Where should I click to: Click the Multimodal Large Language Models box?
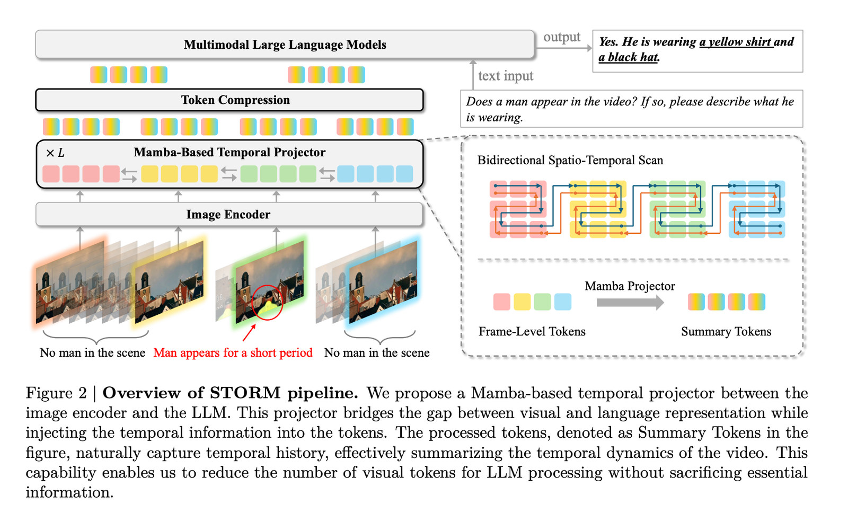tap(285, 45)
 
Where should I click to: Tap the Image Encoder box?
tap(228, 215)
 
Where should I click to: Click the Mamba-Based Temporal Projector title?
tap(229, 153)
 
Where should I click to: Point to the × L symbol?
tap(55, 153)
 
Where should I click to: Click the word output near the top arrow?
tap(562, 37)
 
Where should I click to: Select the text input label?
tap(505, 76)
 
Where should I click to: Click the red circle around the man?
tap(267, 302)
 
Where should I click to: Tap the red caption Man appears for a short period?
tap(233, 353)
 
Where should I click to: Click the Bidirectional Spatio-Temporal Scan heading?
tap(570, 161)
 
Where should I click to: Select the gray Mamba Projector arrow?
tap(630, 303)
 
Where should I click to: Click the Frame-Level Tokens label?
tap(532, 332)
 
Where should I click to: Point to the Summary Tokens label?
tap(726, 332)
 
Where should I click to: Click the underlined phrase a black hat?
tap(628, 57)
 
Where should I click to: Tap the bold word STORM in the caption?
tap(245, 393)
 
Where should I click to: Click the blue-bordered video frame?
tap(383, 281)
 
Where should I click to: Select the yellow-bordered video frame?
tap(169, 281)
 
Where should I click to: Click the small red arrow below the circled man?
tap(249, 332)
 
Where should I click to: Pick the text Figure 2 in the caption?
tap(56, 393)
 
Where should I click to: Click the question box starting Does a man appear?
tap(631, 109)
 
